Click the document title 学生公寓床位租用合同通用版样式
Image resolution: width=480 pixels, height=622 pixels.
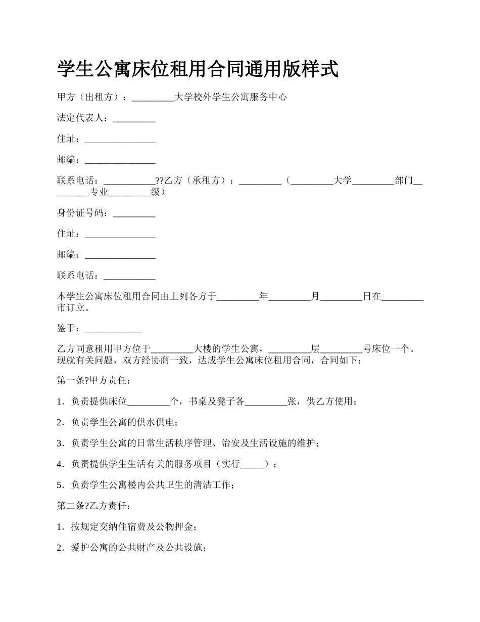(x=198, y=69)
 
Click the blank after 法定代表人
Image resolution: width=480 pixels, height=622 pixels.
(x=134, y=118)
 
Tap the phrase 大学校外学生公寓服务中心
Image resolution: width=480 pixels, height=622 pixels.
(x=230, y=97)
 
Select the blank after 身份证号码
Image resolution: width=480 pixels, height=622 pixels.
(x=134, y=213)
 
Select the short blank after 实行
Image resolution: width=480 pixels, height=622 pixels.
(x=252, y=464)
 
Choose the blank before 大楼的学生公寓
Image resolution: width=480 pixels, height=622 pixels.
(x=172, y=348)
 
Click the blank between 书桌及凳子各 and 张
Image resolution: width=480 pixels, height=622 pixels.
(x=266, y=402)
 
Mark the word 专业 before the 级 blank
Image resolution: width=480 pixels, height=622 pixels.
(x=99, y=192)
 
